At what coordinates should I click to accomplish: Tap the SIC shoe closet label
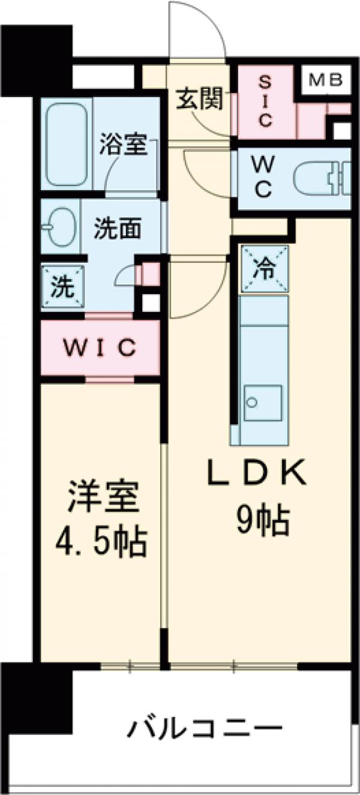(x=265, y=100)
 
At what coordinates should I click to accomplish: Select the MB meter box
(x=326, y=79)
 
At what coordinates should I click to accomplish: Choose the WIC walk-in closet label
(x=101, y=348)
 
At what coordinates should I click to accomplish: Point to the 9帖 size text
(x=262, y=520)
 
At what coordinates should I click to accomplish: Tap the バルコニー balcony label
(x=204, y=729)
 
